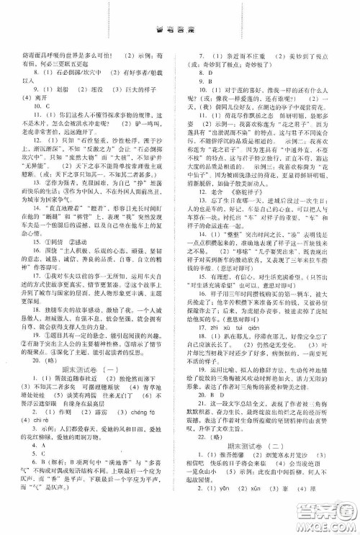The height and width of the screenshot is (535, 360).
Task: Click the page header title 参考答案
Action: tap(181, 20)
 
